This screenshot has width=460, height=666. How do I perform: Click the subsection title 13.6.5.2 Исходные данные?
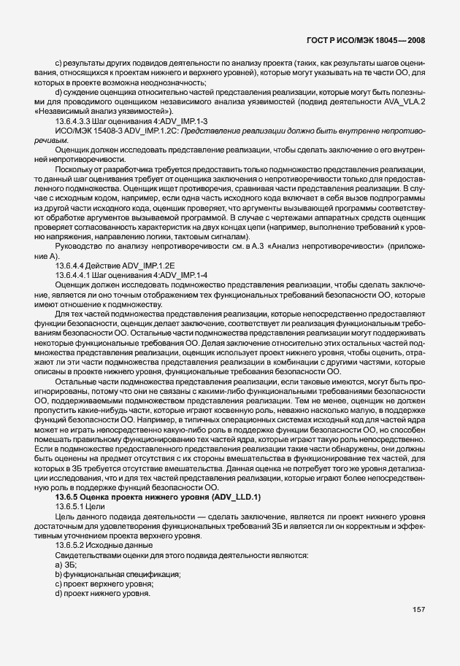[x=101, y=545]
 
